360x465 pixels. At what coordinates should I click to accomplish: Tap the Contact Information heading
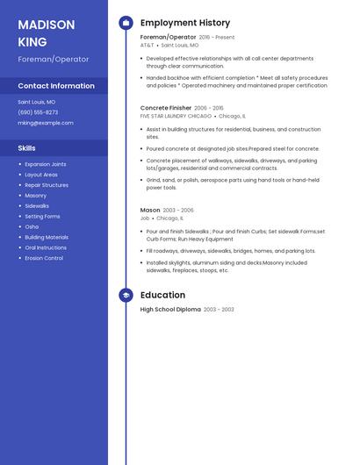[56, 86]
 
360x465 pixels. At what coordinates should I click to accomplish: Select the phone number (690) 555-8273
[38, 112]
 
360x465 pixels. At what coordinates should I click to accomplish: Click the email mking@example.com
[46, 123]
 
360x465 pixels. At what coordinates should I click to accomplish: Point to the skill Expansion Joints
[46, 164]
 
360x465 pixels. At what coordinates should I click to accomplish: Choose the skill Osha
[32, 226]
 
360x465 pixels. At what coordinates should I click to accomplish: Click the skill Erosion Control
[44, 258]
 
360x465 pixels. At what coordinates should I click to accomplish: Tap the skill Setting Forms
[42, 216]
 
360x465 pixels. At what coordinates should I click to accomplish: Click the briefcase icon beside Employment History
[126, 23]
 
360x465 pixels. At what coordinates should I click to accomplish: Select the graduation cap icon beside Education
[126, 296]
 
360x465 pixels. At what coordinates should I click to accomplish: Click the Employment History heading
[184, 23]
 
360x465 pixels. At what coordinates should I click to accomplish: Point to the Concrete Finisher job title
[166, 108]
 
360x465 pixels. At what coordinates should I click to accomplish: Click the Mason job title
[150, 211]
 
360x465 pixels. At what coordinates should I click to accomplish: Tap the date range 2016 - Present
[217, 38]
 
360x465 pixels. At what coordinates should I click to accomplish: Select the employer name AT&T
[147, 45]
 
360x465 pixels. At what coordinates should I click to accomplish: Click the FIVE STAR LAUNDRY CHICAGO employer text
[176, 116]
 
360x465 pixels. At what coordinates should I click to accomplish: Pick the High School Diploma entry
[170, 310]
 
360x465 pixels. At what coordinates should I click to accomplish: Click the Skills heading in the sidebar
[27, 148]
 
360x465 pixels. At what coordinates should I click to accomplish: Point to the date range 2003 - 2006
[178, 211]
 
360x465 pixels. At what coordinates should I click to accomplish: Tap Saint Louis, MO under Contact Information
[37, 102]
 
